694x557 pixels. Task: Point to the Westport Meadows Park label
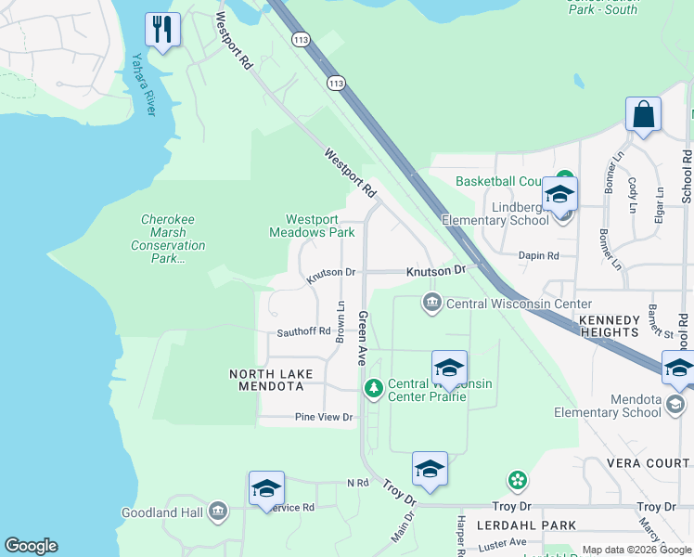tap(312, 226)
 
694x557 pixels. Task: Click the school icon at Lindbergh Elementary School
tap(559, 195)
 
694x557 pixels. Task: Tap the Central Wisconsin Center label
tap(519, 304)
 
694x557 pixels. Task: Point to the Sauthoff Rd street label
tap(303, 331)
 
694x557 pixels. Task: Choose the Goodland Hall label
tap(163, 512)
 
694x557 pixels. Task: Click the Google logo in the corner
tap(31, 546)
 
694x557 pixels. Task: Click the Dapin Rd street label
tap(540, 255)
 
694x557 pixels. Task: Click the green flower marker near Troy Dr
tap(517, 480)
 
